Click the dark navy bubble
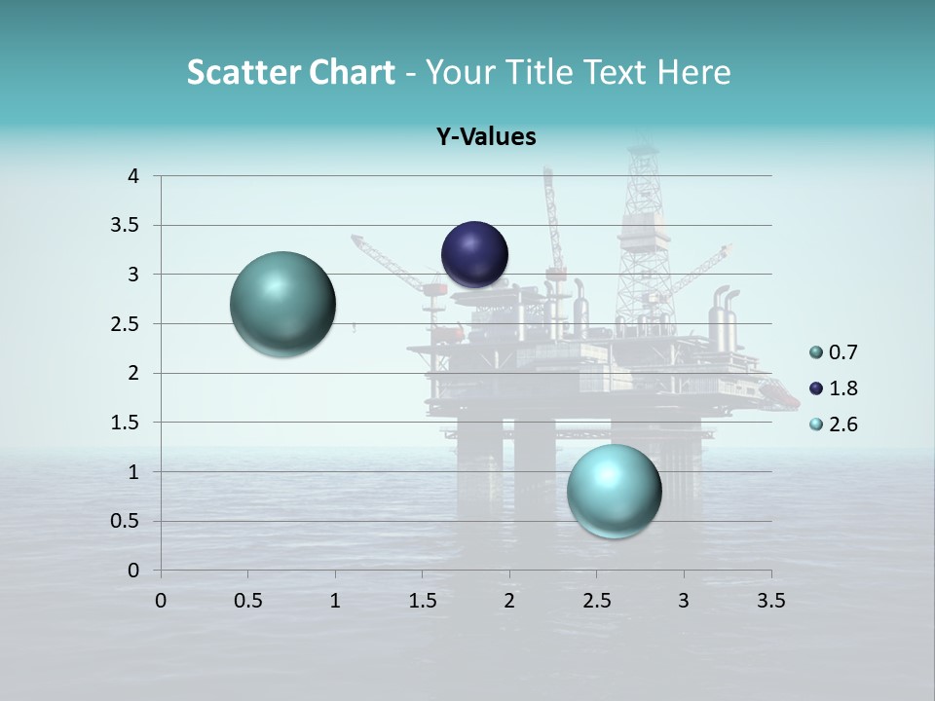coord(474,254)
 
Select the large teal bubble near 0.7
coord(282,304)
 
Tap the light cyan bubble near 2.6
coord(614,491)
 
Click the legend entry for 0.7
coord(832,352)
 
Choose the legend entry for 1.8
coord(832,388)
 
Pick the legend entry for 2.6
coord(832,424)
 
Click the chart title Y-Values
coord(486,137)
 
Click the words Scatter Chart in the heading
coord(290,72)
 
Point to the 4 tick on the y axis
coord(133,176)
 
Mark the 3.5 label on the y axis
coord(126,226)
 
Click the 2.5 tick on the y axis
coord(126,324)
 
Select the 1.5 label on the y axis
coord(126,423)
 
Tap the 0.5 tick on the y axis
coord(126,521)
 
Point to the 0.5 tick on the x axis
coord(247,601)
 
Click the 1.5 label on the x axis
coord(422,601)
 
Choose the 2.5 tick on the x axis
coord(596,601)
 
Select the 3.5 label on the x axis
coord(770,601)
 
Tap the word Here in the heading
coord(693,72)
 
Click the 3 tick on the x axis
coord(684,601)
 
